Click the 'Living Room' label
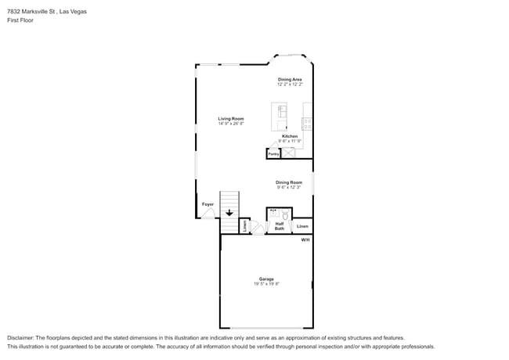[x=231, y=118]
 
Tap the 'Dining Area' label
[x=290, y=79]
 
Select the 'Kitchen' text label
[x=290, y=136]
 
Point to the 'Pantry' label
[x=273, y=154]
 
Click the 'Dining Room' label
[x=288, y=182]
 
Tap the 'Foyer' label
[x=208, y=204]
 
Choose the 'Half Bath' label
[x=280, y=226]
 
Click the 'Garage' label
[x=266, y=279]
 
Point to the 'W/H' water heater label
[x=305, y=239]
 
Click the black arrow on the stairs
[x=229, y=212]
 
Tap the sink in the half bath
[x=273, y=211]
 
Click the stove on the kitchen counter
[x=307, y=122]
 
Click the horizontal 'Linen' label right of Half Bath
[x=302, y=226]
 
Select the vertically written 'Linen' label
[x=244, y=225]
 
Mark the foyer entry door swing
[x=208, y=214]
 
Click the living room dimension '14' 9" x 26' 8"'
[x=231, y=124]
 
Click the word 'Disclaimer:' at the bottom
[x=23, y=337]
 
